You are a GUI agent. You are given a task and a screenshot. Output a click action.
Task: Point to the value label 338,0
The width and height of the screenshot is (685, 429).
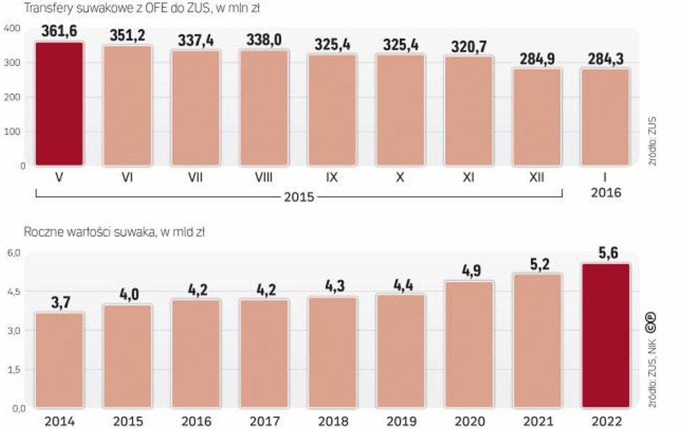point(264,41)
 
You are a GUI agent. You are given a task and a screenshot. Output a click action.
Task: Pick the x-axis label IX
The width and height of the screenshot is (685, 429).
point(332,177)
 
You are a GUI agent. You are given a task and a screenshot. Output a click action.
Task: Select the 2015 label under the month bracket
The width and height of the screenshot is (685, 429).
point(298,197)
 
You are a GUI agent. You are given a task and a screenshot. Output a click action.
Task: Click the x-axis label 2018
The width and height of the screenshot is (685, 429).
point(332,420)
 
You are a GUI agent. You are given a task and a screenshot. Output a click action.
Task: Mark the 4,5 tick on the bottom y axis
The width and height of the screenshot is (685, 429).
point(16,292)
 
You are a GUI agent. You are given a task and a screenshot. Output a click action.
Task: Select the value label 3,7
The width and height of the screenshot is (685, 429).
point(60,301)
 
